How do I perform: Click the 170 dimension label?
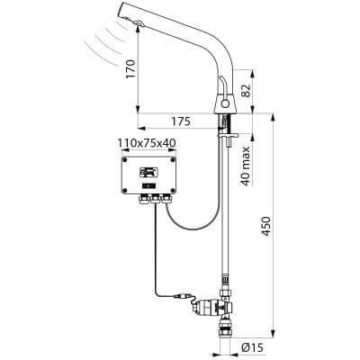(130, 69)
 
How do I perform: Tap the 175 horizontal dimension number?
(181, 121)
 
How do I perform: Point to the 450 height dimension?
(265, 226)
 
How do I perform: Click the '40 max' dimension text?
(246, 166)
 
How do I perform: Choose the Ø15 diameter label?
(253, 348)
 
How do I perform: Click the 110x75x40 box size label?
(147, 143)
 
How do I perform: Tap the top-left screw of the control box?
(125, 160)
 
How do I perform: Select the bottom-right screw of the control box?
(173, 190)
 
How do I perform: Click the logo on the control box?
(149, 172)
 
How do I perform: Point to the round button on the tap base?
(225, 104)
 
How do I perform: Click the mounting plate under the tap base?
(229, 136)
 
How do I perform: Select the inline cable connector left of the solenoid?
(182, 297)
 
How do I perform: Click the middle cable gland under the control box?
(156, 198)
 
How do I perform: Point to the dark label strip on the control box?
(149, 186)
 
